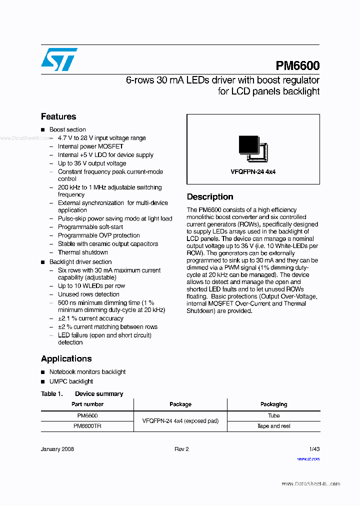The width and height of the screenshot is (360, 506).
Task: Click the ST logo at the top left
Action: coord(59,59)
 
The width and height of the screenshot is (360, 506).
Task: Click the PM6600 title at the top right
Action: coord(297,66)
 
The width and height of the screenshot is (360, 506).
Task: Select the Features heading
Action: coord(58,116)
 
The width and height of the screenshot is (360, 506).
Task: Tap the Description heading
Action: coord(210,197)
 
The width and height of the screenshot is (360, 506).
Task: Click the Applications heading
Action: coord(66,358)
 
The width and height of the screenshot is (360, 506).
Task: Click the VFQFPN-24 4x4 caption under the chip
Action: coord(253,171)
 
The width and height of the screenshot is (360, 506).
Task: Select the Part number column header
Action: coord(87,404)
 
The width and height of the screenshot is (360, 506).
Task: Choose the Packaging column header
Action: coord(273,404)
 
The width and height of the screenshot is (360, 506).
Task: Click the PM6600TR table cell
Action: coord(87,426)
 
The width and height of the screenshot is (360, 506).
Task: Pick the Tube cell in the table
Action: coord(273,415)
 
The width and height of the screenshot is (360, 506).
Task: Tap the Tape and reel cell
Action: coord(273,426)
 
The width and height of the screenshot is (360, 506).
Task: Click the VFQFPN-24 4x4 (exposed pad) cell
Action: coord(180,421)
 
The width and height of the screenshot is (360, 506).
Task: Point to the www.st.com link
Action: coord(308,459)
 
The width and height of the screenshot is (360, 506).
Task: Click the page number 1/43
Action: coord(314,449)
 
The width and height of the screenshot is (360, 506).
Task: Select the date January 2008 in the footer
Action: coord(57,449)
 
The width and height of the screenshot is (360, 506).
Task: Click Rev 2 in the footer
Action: coord(181,449)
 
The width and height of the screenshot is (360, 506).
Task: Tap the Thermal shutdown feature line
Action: coord(82,252)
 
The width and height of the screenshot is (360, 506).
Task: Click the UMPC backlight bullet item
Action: coord(71,381)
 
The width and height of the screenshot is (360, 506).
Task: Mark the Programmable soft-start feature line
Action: coord(90,227)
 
